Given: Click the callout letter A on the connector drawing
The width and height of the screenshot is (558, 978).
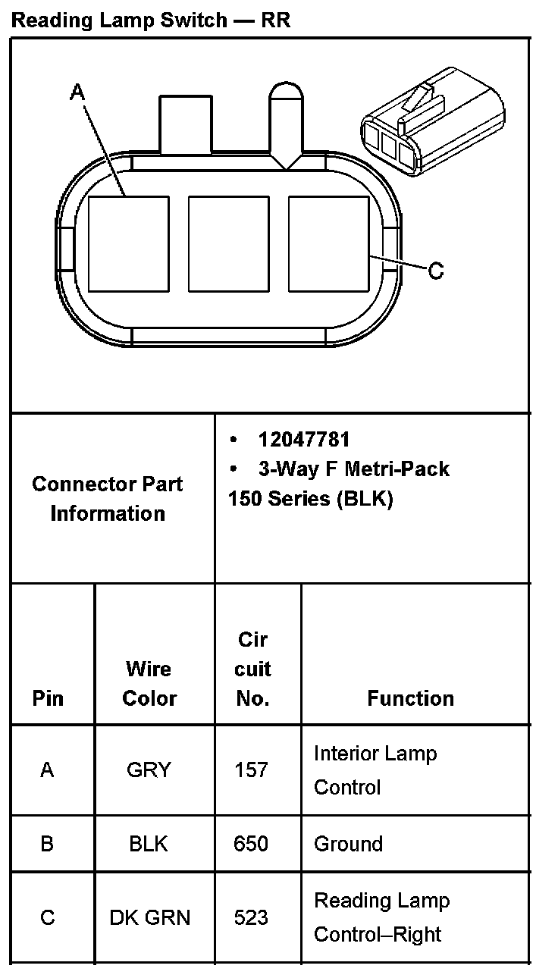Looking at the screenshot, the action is [77, 92].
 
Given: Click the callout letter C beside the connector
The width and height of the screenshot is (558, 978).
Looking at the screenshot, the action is [436, 270].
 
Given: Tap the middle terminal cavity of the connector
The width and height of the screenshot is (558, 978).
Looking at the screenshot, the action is [228, 243].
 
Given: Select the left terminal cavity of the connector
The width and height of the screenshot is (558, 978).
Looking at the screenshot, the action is [128, 243].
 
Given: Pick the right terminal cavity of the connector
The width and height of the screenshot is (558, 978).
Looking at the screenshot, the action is [328, 243].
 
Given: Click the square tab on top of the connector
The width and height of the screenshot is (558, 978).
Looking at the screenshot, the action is [185, 123].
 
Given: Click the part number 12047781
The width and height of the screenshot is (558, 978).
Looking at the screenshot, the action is [304, 440].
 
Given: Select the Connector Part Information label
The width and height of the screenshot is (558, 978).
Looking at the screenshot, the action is [108, 498].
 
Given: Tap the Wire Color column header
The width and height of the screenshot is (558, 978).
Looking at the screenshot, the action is [149, 683].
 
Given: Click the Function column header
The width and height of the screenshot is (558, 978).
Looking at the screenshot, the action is [410, 698].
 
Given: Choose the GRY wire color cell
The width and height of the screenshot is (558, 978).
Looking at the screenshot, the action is [149, 770].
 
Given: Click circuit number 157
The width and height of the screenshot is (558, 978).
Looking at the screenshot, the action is [252, 770].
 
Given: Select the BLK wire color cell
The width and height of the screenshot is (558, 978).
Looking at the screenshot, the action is [149, 844].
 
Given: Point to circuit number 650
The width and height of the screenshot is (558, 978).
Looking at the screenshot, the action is [252, 844].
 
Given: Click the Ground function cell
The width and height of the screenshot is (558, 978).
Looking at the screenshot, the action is [348, 844].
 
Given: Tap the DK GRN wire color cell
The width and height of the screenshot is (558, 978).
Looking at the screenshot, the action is [149, 917].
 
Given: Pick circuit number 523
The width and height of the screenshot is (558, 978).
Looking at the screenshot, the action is [252, 917].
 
